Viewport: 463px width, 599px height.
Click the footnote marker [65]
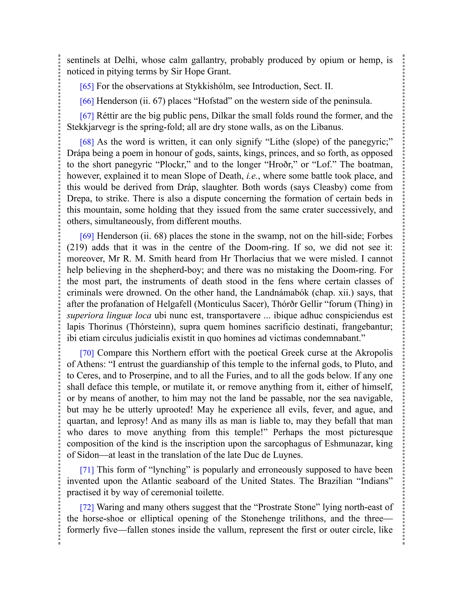pos(87,86)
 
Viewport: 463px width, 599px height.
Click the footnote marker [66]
pos(87,101)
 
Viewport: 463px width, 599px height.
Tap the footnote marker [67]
pos(87,116)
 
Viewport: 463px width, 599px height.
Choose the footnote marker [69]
pos(87,236)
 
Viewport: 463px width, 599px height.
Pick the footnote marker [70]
pos(87,353)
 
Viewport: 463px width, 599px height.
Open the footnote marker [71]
pos(87,470)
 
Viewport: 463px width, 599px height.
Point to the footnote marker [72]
pos(87,507)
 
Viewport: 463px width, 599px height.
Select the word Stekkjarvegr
pos(90,127)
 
